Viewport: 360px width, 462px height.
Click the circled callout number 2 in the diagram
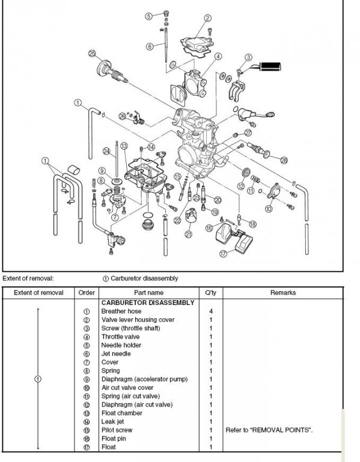point(207,18)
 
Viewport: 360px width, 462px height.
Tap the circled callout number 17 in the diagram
point(224,253)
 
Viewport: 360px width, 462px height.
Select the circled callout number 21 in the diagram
point(189,234)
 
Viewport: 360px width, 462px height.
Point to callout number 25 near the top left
point(92,54)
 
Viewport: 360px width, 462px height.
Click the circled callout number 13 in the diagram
point(124,146)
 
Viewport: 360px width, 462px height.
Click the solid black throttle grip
point(270,67)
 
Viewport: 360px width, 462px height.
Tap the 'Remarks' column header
point(283,292)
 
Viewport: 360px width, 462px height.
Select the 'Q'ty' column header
point(211,292)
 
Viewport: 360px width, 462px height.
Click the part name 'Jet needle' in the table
point(116,354)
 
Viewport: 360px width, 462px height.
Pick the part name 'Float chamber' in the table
point(122,413)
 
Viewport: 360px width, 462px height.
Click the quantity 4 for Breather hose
point(211,311)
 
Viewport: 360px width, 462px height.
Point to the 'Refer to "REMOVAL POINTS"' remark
point(269,430)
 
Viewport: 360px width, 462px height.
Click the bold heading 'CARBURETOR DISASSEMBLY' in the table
point(148,303)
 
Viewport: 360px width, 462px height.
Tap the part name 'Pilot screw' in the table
point(117,430)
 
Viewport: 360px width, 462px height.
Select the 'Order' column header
point(87,292)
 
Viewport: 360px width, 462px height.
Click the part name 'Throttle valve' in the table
point(120,337)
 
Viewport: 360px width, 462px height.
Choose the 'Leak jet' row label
point(112,422)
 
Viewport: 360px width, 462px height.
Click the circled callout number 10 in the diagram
point(269,209)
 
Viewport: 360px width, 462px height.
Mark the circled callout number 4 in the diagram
point(218,57)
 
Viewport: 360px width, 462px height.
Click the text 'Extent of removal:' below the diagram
point(28,278)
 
